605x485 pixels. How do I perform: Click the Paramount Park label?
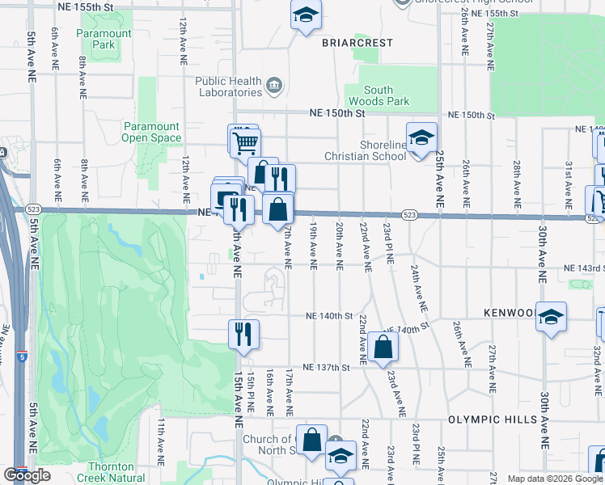pyautogui.click(x=104, y=39)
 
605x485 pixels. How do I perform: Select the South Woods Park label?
pyautogui.click(x=378, y=95)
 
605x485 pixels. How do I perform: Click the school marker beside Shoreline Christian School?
pyautogui.click(x=421, y=138)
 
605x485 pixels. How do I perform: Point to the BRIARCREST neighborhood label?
pyautogui.click(x=357, y=42)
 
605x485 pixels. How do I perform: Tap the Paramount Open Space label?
pyautogui.click(x=151, y=132)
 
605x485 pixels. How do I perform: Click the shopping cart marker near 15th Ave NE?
pyautogui.click(x=243, y=143)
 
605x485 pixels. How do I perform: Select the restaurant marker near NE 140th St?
pyautogui.click(x=243, y=333)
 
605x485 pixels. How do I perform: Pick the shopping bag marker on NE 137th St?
pyautogui.click(x=383, y=348)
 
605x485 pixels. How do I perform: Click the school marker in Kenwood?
pyautogui.click(x=551, y=317)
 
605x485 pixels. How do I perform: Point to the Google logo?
pyautogui.click(x=27, y=475)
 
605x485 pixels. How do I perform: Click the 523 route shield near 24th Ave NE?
pyautogui.click(x=408, y=215)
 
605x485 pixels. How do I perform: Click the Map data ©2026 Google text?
pyautogui.click(x=555, y=479)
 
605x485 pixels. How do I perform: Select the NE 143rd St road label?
pyautogui.click(x=583, y=268)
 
